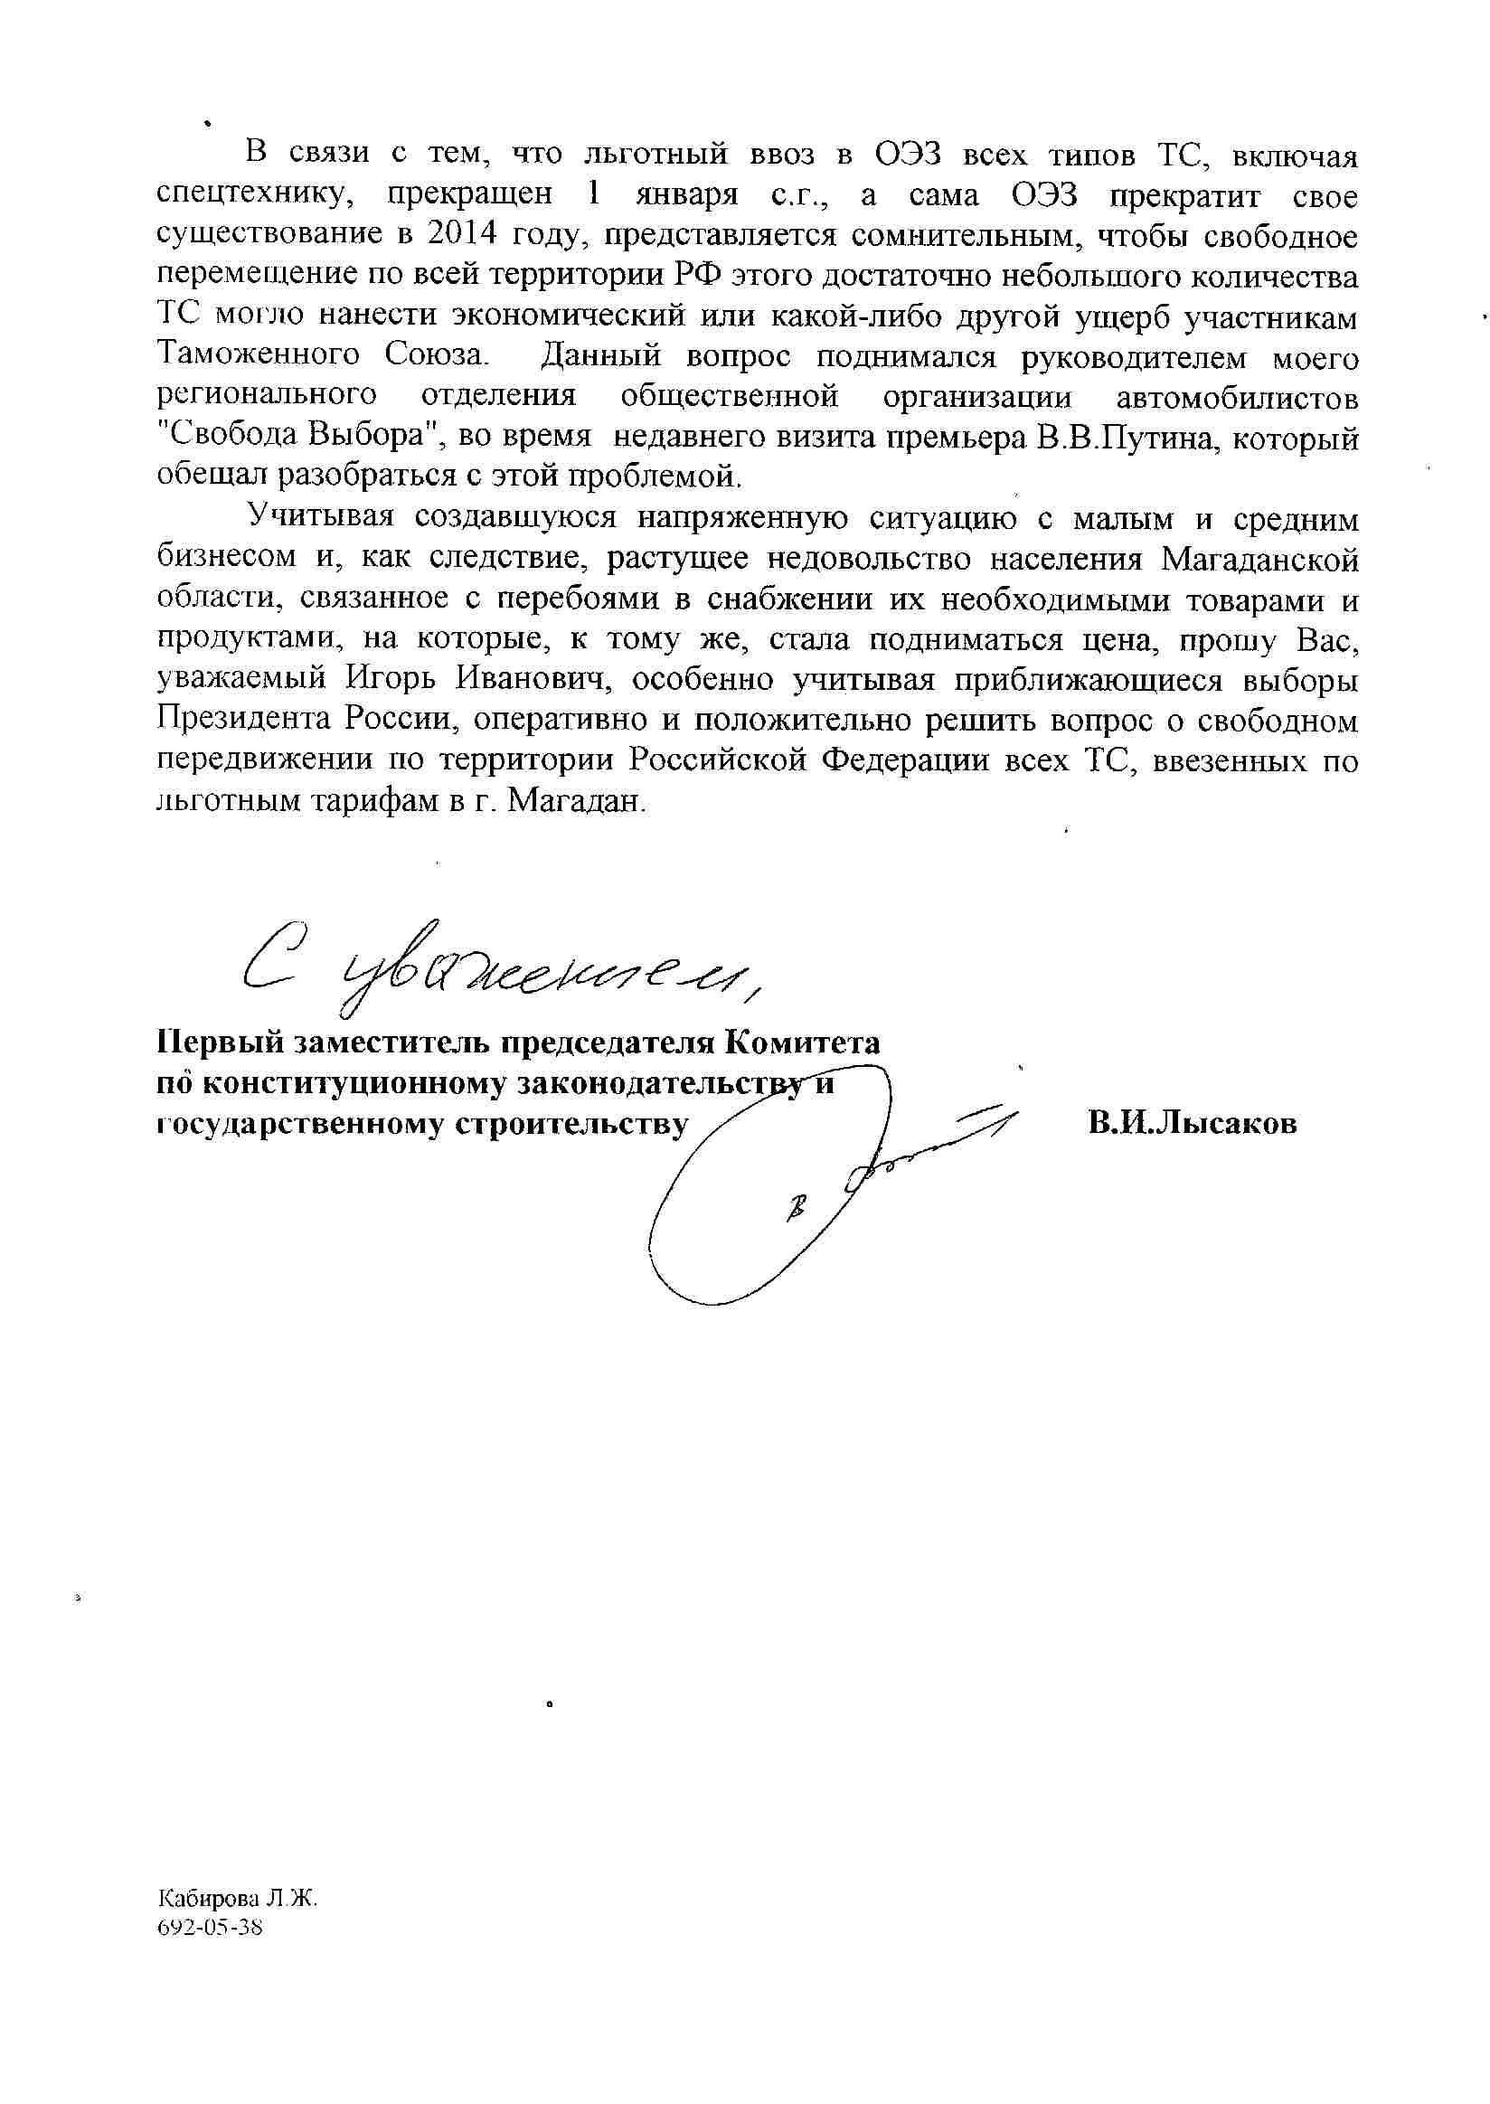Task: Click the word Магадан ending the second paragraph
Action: [575, 801]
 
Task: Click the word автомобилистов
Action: [1237, 396]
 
